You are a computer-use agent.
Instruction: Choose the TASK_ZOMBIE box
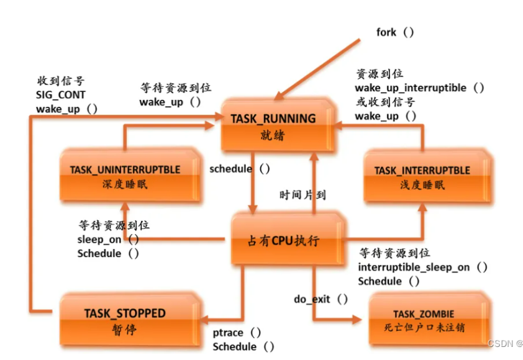423,320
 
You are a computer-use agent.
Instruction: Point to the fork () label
394,32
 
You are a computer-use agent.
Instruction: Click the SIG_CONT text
61,94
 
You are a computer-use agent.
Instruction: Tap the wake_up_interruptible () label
419,88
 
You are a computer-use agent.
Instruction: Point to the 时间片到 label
302,194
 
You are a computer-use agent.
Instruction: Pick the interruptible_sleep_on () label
422,268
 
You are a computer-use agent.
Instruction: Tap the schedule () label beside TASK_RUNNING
240,169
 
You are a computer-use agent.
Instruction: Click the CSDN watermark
503,343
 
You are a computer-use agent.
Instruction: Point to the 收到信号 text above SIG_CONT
61,81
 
